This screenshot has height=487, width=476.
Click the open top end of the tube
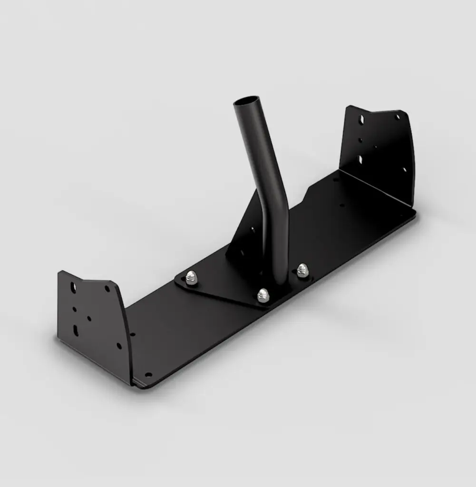click(247, 102)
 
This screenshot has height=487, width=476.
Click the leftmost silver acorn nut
click(191, 278)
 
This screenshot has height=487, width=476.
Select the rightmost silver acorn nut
click(302, 270)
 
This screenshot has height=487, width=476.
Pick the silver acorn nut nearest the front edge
click(263, 295)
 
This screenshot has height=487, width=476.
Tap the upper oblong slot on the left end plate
click(73, 287)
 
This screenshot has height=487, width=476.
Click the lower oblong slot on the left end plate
click(76, 330)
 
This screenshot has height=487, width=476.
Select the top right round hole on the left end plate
click(107, 289)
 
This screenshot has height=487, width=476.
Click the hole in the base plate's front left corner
click(148, 375)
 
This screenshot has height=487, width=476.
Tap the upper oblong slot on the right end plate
click(361, 119)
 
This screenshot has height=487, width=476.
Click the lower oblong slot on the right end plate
click(360, 159)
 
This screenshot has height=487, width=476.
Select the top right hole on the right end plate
click(398, 117)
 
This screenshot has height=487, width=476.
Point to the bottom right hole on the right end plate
click(405, 169)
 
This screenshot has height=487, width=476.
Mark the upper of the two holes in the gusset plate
click(253, 230)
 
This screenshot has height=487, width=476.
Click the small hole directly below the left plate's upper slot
click(74, 309)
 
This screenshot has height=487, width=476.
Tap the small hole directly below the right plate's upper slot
click(360, 140)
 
